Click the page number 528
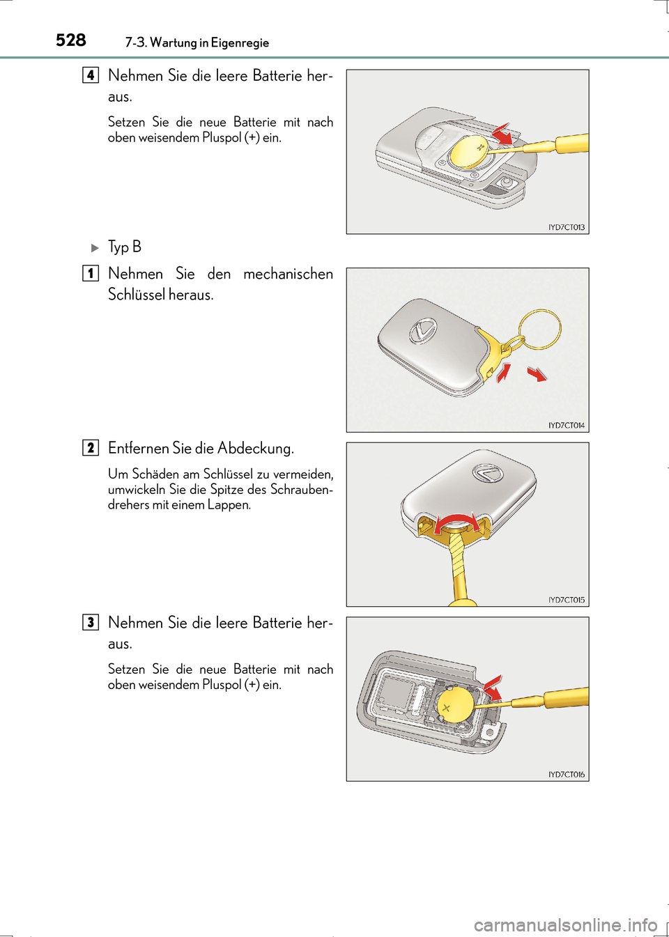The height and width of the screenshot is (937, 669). click(x=71, y=40)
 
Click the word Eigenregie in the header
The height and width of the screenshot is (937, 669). click(x=240, y=43)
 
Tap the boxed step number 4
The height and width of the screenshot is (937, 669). click(x=91, y=75)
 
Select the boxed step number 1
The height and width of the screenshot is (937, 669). click(x=91, y=273)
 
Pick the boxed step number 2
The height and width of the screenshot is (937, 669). click(x=91, y=447)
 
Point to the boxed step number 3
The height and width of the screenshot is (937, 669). click(x=91, y=622)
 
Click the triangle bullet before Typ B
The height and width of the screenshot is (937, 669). click(x=95, y=248)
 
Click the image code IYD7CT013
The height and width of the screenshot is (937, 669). click(x=566, y=227)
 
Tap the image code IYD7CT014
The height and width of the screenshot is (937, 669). click(x=566, y=425)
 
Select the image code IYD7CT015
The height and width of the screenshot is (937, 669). click(x=566, y=600)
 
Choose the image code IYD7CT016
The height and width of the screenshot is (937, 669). click(x=566, y=774)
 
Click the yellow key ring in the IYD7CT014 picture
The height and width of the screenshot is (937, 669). click(x=540, y=328)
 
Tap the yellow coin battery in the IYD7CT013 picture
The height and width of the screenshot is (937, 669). click(x=468, y=151)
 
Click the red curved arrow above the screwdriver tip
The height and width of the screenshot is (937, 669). click(x=456, y=521)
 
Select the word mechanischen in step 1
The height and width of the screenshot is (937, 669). click(x=288, y=274)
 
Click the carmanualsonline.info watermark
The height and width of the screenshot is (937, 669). click(x=565, y=925)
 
